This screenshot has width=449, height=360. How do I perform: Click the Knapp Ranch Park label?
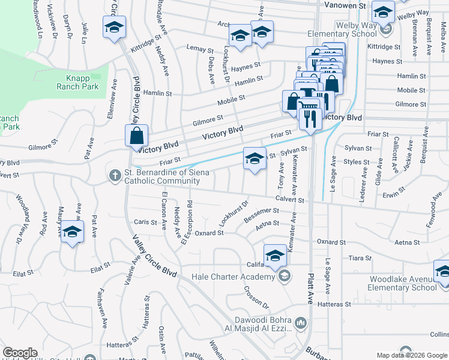tap(82, 82)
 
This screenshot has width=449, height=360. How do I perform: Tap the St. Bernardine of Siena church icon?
tap(115, 175)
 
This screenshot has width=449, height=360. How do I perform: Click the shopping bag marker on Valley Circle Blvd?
tap(137, 136)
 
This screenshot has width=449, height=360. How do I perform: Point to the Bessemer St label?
tap(262, 212)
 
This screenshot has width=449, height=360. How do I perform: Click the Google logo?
tap(20, 353)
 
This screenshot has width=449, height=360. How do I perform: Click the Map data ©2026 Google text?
tap(412, 355)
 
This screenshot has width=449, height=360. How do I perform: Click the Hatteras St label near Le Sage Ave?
tap(335, 305)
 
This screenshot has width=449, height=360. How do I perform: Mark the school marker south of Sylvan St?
tap(255, 159)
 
